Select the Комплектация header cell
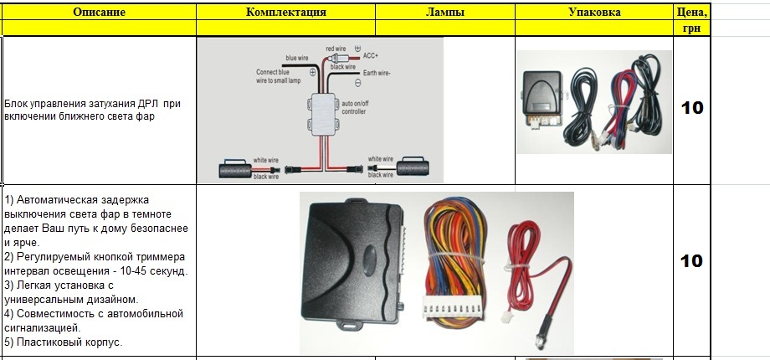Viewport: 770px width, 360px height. coord(286,13)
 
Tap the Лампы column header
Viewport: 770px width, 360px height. coord(444,13)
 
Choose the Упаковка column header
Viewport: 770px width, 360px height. coord(594,13)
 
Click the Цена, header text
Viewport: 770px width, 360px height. coord(691,13)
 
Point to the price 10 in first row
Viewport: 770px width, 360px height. coord(692,108)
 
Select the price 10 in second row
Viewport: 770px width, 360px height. coord(691,261)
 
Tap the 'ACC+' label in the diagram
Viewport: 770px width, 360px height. coord(371,55)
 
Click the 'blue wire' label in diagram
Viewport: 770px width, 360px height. coord(297,58)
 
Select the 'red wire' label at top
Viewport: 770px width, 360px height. coord(336,49)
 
